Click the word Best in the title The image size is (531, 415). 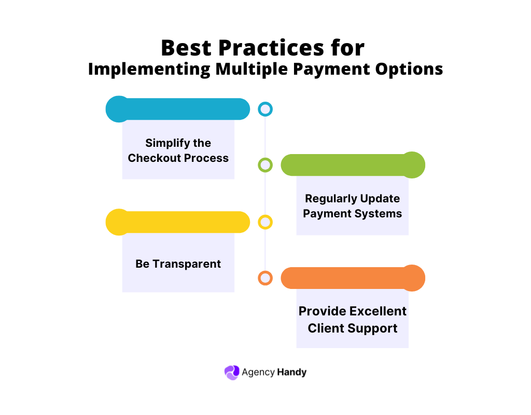[185, 48]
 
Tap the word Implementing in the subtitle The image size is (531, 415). [149, 69]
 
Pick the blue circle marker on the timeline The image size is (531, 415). [265, 109]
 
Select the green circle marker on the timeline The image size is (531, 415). [265, 165]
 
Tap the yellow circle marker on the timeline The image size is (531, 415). [265, 222]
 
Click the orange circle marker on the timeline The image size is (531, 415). [265, 278]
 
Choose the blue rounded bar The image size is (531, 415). [178, 109]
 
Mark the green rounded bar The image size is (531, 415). [353, 165]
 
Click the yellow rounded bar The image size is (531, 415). [178, 222]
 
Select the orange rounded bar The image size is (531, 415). [353, 278]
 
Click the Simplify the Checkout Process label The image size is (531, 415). [178, 150]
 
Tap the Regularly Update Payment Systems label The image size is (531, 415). [353, 206]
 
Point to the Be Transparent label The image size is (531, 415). [178, 264]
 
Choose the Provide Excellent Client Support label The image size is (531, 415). [353, 320]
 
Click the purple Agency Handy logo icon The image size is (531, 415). [231, 372]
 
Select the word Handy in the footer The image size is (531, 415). [291, 372]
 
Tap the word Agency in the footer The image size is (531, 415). [258, 372]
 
